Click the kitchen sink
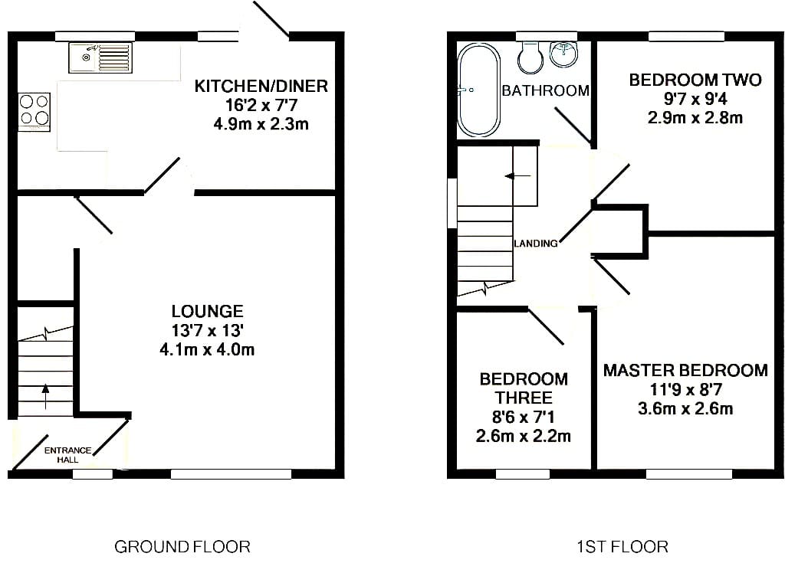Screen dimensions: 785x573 tap(101, 57)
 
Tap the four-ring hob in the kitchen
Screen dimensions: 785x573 tap(34, 111)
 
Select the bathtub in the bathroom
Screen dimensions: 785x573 tap(478, 90)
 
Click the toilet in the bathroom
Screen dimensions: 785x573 tap(530, 57)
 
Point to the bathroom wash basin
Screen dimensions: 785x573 tap(565, 54)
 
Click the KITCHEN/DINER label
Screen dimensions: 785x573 tap(261, 86)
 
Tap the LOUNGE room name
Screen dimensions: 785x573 tap(207, 311)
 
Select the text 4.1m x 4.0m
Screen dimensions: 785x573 tap(207, 349)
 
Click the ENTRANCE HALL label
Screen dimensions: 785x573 tap(67, 455)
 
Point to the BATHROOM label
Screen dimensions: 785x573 tap(545, 90)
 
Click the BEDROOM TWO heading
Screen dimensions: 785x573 tap(695, 80)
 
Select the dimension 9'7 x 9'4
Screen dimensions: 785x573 tap(695, 99)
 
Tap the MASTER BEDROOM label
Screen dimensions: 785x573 tap(685, 370)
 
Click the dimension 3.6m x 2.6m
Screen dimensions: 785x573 tap(685, 408)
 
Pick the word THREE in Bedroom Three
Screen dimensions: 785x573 tap(524, 398)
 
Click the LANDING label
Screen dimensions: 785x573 tap(536, 243)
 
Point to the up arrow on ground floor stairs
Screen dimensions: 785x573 tap(45, 396)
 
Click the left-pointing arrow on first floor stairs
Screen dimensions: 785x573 tap(518, 176)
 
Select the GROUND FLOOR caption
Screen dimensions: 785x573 tap(182, 546)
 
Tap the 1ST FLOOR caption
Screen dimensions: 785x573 tap(622, 546)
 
